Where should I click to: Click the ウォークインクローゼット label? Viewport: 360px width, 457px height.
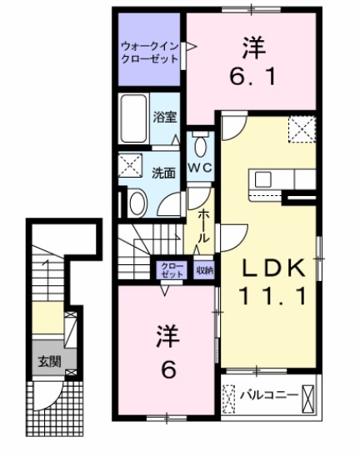(x=150, y=53)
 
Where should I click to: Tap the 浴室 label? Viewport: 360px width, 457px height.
(x=163, y=118)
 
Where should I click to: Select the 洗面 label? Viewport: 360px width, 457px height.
(x=163, y=173)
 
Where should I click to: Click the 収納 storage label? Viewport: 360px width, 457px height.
(x=205, y=269)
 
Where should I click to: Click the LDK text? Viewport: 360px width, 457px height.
(x=275, y=269)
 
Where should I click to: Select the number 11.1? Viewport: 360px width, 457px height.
(x=275, y=296)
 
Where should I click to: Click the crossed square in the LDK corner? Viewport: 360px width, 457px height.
(x=301, y=128)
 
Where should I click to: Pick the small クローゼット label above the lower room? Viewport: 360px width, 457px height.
(x=172, y=269)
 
